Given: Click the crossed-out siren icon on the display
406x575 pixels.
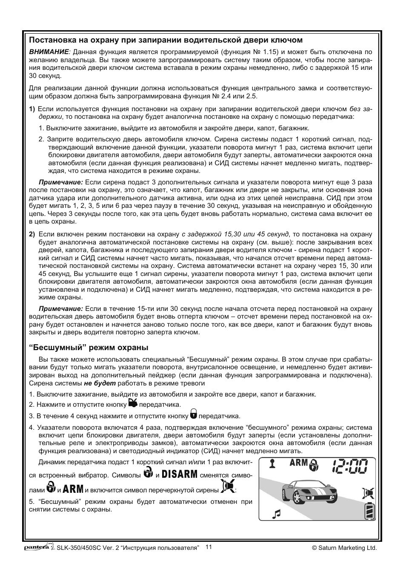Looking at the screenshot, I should pyautogui.click(x=368, y=493).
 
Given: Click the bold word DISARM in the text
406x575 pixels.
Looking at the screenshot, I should pyautogui.click(x=180, y=474).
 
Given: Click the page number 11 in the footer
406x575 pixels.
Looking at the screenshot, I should pyautogui.click(x=209, y=547).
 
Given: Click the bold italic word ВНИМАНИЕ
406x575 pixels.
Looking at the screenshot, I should pyautogui.click(x=49, y=52).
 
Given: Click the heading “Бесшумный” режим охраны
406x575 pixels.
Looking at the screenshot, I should pyautogui.click(x=89, y=347).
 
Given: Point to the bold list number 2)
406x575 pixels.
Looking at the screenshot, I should pyautogui.click(x=32, y=234).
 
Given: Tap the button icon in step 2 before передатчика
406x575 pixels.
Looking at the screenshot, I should pyautogui.click(x=133, y=403).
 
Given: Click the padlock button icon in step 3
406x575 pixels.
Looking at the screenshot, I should pyautogui.click(x=193, y=414).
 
